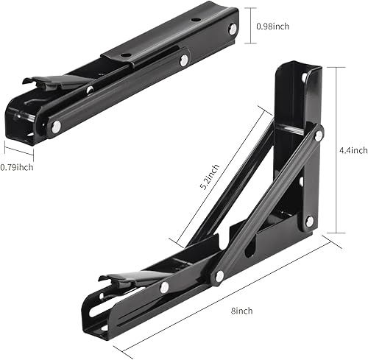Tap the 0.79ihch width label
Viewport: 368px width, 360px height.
[16, 167]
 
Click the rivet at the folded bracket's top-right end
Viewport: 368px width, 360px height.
[233, 29]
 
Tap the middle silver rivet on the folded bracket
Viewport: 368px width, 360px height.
[183, 62]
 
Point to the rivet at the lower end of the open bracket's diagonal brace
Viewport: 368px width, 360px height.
[219, 277]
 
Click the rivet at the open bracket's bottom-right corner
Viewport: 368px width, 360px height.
[310, 220]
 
